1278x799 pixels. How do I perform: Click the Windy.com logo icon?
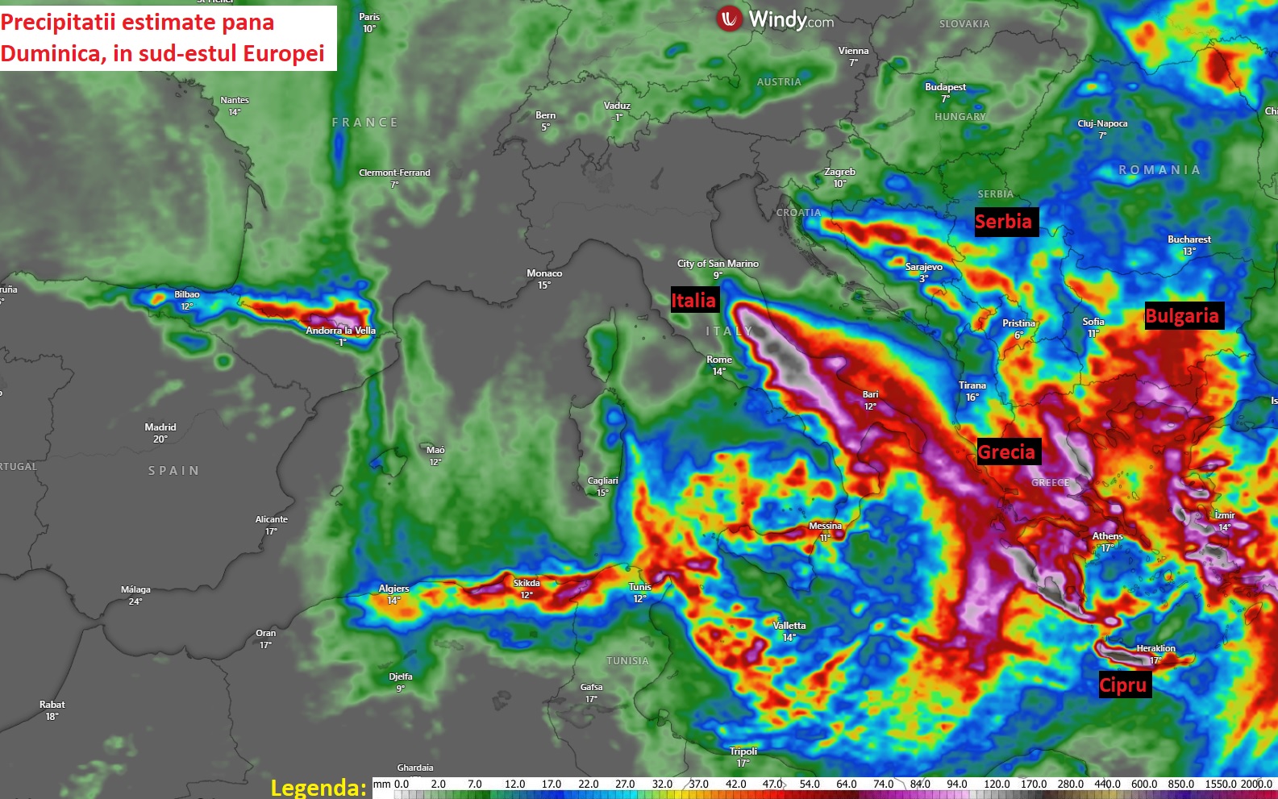point(729,19)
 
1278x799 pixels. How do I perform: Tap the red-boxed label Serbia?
point(1003,222)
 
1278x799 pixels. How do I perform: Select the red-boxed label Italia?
point(693,301)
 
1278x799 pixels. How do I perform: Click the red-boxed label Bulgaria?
point(1182,316)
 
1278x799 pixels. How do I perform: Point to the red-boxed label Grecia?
point(1006,452)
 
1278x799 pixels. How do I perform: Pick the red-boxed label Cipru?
point(1123,685)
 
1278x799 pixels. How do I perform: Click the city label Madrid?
point(160,427)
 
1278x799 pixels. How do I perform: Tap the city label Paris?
point(369,17)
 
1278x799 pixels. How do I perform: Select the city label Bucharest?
point(1189,239)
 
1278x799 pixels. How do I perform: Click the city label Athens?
point(1107,536)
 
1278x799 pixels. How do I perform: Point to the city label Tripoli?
point(743,751)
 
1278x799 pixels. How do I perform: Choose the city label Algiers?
point(393,589)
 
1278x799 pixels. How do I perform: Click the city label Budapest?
point(945,87)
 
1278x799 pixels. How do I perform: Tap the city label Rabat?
point(52,705)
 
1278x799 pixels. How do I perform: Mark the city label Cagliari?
point(602,481)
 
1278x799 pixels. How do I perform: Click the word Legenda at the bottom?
point(318,787)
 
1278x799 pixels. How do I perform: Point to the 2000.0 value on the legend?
point(1256,784)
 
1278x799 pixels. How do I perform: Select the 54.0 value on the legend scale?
point(810,784)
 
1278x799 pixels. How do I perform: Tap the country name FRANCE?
point(364,123)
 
